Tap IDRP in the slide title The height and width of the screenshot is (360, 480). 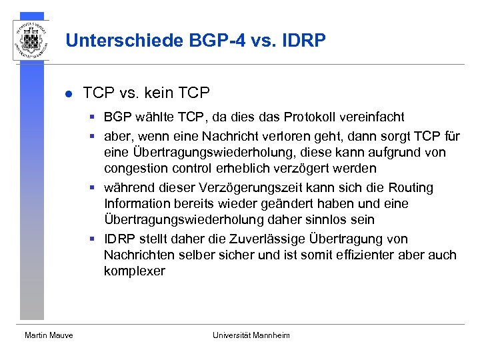[305, 41]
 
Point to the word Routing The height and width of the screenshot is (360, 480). [411, 188]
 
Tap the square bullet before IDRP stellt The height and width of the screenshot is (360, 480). [95, 239]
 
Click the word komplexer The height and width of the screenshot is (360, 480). [134, 271]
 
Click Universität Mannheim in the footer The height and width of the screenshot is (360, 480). [251, 335]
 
